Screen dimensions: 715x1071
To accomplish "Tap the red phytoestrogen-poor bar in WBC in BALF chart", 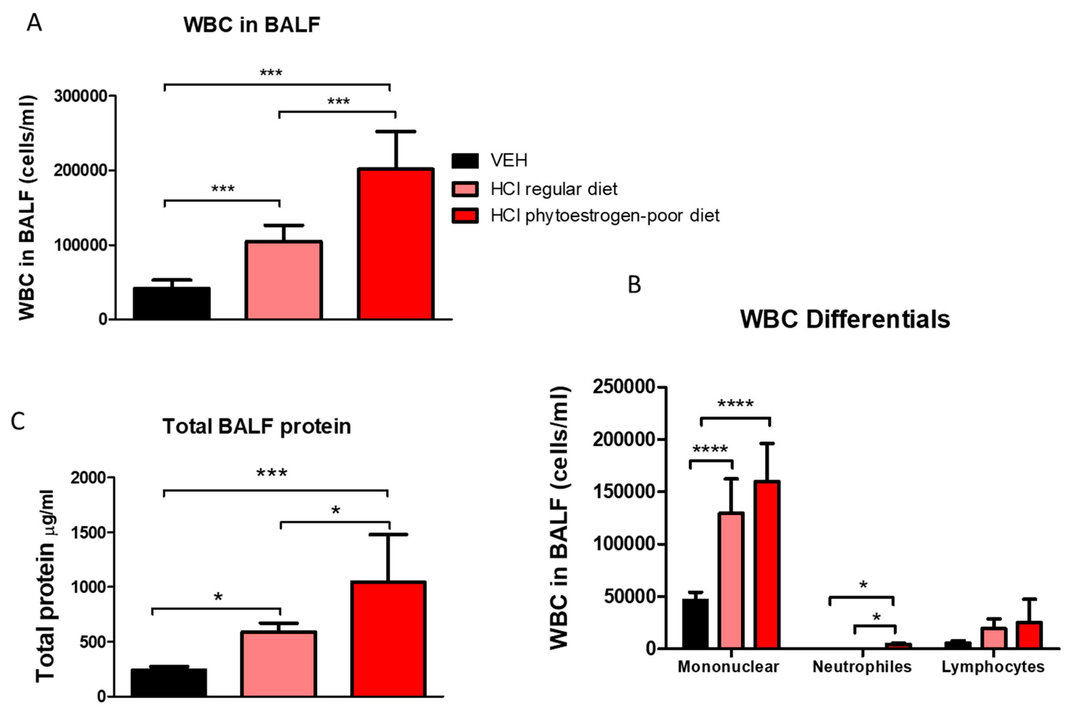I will (x=395, y=244).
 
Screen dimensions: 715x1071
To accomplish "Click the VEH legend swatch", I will (x=465, y=161).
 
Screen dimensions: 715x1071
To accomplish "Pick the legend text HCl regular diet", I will (x=554, y=189).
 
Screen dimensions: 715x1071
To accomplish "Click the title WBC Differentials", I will (x=845, y=319).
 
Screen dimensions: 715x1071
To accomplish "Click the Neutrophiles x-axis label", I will (x=862, y=667).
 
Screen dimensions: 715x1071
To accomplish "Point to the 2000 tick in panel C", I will (x=88, y=478).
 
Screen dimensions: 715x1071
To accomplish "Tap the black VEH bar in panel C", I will (x=169, y=682).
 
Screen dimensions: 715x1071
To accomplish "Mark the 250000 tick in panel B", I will (x=624, y=387).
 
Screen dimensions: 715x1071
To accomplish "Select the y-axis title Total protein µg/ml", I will (x=46, y=586).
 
